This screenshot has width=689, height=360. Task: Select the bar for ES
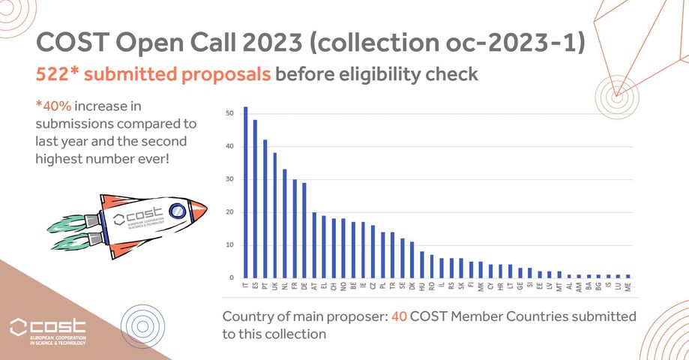coord(256,199)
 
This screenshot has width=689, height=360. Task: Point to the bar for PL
coord(382,255)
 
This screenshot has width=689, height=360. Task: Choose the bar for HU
coord(422,265)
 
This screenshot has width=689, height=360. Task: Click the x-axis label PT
coord(265,286)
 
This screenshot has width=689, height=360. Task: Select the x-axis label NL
coord(285,286)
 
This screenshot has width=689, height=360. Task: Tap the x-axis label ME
coord(628,286)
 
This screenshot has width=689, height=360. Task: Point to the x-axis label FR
coord(295,286)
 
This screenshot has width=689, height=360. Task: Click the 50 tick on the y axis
coord(229,113)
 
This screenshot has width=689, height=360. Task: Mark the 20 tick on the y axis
coord(229,212)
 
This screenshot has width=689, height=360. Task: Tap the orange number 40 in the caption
coord(400,317)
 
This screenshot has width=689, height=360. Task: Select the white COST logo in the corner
coord(47,328)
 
